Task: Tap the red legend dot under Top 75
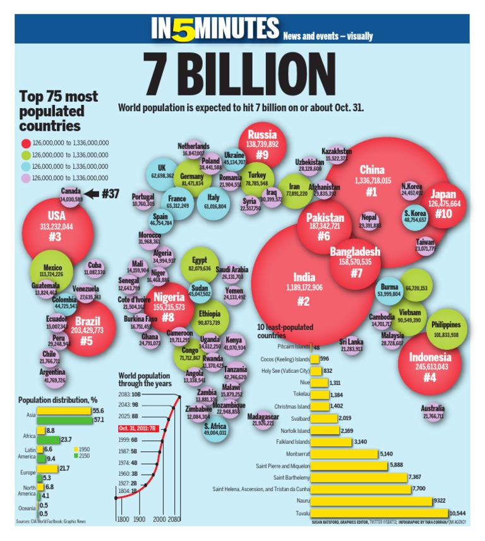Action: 25,143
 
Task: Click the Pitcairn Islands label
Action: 294,347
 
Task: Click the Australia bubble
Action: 433,413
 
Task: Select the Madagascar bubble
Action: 262,420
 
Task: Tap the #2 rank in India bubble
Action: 302,301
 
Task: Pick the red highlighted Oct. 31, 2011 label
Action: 136,429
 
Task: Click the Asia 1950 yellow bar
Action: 64,411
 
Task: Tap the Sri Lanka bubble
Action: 351,345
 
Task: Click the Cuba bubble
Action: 95,269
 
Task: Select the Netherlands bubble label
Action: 193,146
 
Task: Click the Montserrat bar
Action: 344,453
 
